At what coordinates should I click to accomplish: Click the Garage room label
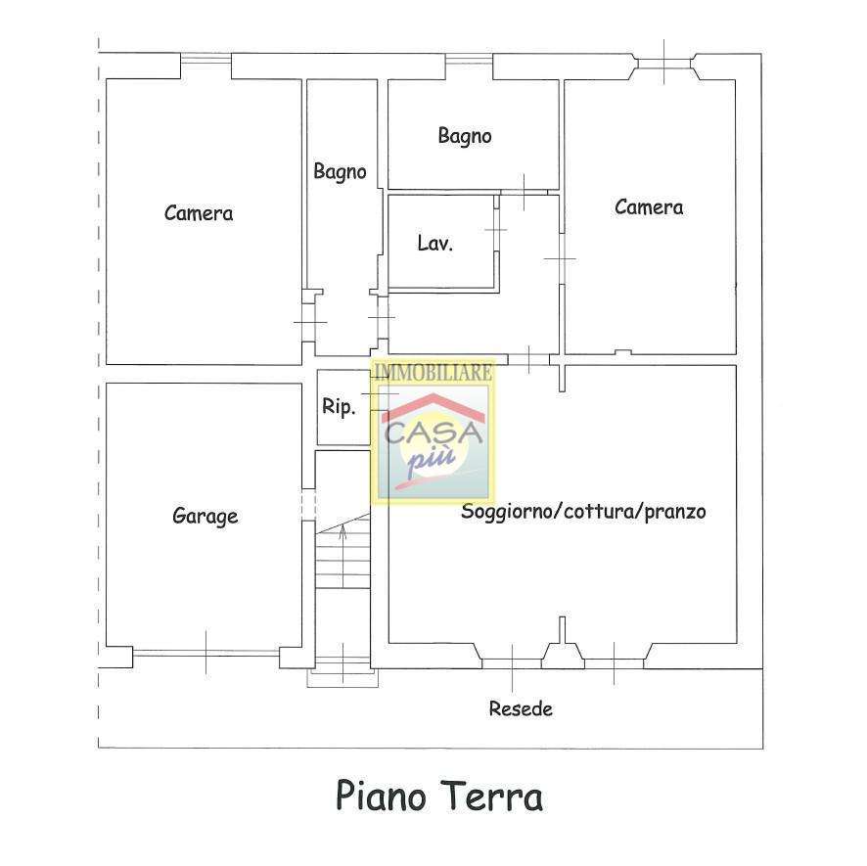(x=205, y=517)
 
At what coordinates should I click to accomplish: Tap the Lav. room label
(x=435, y=243)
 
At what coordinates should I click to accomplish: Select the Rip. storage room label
(x=339, y=407)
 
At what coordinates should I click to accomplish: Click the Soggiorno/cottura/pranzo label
(x=583, y=511)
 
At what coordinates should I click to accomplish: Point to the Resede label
(x=521, y=708)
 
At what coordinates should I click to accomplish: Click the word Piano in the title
(x=381, y=796)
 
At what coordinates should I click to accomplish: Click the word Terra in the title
(x=493, y=796)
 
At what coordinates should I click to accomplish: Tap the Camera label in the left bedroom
(x=199, y=213)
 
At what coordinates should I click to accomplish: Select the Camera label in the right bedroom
(x=649, y=207)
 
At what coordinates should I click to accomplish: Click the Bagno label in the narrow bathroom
(x=340, y=171)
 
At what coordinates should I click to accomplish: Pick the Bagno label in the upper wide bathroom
(x=465, y=136)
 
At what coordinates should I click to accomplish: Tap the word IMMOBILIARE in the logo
(x=433, y=372)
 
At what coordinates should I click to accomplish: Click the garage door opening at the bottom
(x=206, y=653)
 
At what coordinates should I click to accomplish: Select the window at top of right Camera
(x=664, y=63)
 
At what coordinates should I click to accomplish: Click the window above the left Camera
(x=205, y=58)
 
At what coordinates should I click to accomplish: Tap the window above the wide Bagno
(x=469, y=59)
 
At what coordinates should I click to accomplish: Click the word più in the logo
(x=432, y=458)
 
